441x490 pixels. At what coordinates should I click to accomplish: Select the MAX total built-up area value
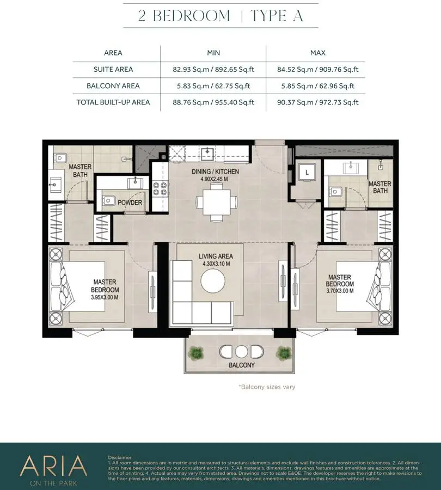click(x=317, y=102)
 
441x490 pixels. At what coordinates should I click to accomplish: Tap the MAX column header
click(x=317, y=53)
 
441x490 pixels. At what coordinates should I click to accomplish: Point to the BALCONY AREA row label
click(x=113, y=86)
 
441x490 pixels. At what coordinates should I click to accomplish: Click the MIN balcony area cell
click(x=213, y=86)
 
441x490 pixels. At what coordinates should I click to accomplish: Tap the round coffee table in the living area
click(x=213, y=280)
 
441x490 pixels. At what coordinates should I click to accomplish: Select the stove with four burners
click(x=161, y=189)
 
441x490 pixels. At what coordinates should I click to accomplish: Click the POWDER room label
click(x=130, y=203)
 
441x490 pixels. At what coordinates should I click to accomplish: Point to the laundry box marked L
click(x=307, y=172)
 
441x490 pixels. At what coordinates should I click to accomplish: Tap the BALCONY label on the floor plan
click(x=242, y=365)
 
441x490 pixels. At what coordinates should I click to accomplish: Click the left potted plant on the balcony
click(x=196, y=353)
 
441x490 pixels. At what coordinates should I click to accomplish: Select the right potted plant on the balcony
click(x=284, y=353)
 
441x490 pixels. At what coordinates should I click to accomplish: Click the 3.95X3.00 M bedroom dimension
click(x=105, y=297)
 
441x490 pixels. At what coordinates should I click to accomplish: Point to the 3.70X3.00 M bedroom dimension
click(x=340, y=291)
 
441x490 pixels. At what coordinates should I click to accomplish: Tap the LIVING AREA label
click(x=216, y=256)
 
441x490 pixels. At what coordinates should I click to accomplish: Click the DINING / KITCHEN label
click(x=216, y=171)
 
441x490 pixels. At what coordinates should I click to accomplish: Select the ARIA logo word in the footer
click(x=53, y=465)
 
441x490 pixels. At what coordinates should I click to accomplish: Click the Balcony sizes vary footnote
click(x=267, y=387)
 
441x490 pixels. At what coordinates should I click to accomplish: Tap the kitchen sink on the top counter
click(x=207, y=153)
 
